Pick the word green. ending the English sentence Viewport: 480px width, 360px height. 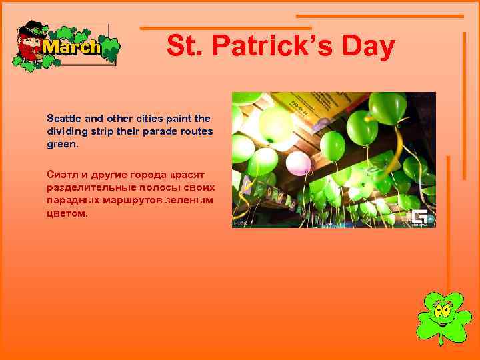62,143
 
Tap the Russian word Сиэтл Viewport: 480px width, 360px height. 61,173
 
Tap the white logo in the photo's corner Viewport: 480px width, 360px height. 419,218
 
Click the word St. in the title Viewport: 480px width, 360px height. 182,47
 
